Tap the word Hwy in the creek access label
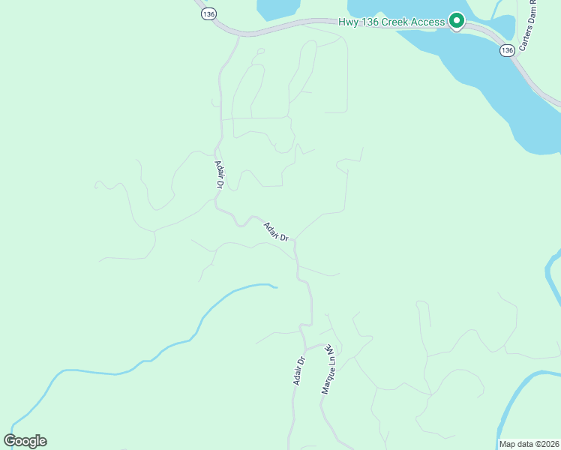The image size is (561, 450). [x=349, y=22]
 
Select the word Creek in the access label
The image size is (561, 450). [x=395, y=22]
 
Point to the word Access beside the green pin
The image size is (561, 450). [x=429, y=22]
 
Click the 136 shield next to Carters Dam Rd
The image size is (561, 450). [x=507, y=50]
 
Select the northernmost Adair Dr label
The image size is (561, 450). [x=220, y=174]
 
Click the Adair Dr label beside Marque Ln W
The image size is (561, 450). [x=299, y=370]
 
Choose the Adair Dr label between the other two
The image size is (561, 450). [x=276, y=231]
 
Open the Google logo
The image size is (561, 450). [x=25, y=441]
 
